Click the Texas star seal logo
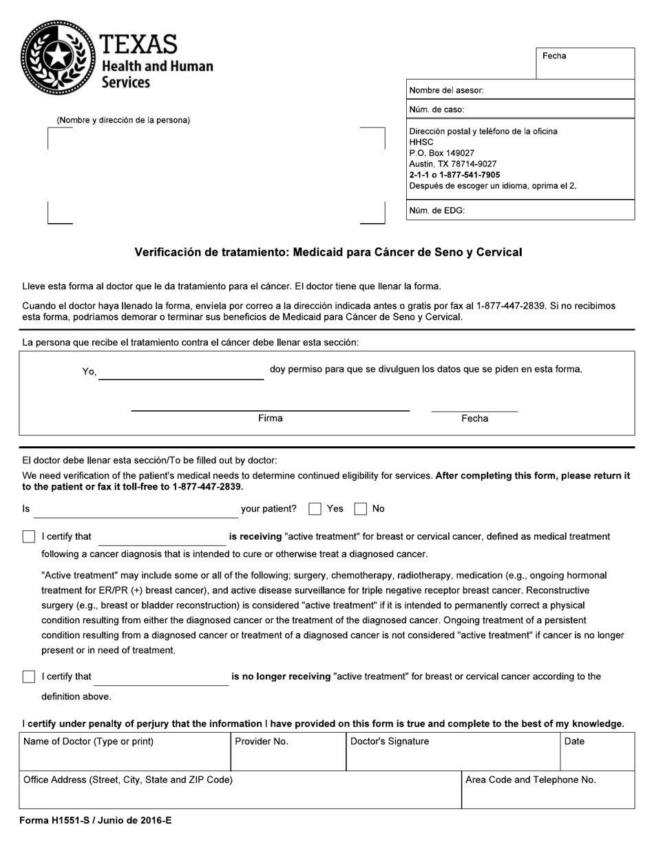tap(59, 57)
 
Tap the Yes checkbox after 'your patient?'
tap(315, 509)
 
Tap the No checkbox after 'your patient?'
tap(361, 509)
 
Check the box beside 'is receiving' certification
tap(29, 536)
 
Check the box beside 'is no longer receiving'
tap(29, 676)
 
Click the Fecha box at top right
tap(585, 63)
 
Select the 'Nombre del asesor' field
tap(520, 90)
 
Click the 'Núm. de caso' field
tap(520, 109)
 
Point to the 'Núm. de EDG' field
tap(520, 211)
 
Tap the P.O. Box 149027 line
tap(442, 153)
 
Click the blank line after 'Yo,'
tap(181, 372)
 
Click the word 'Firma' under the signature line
tap(270, 419)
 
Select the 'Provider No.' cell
tap(288, 751)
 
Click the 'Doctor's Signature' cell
tap(452, 751)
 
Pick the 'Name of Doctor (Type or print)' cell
tap(124, 751)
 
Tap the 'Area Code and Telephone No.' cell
tap(547, 789)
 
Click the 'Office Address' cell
tap(240, 789)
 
